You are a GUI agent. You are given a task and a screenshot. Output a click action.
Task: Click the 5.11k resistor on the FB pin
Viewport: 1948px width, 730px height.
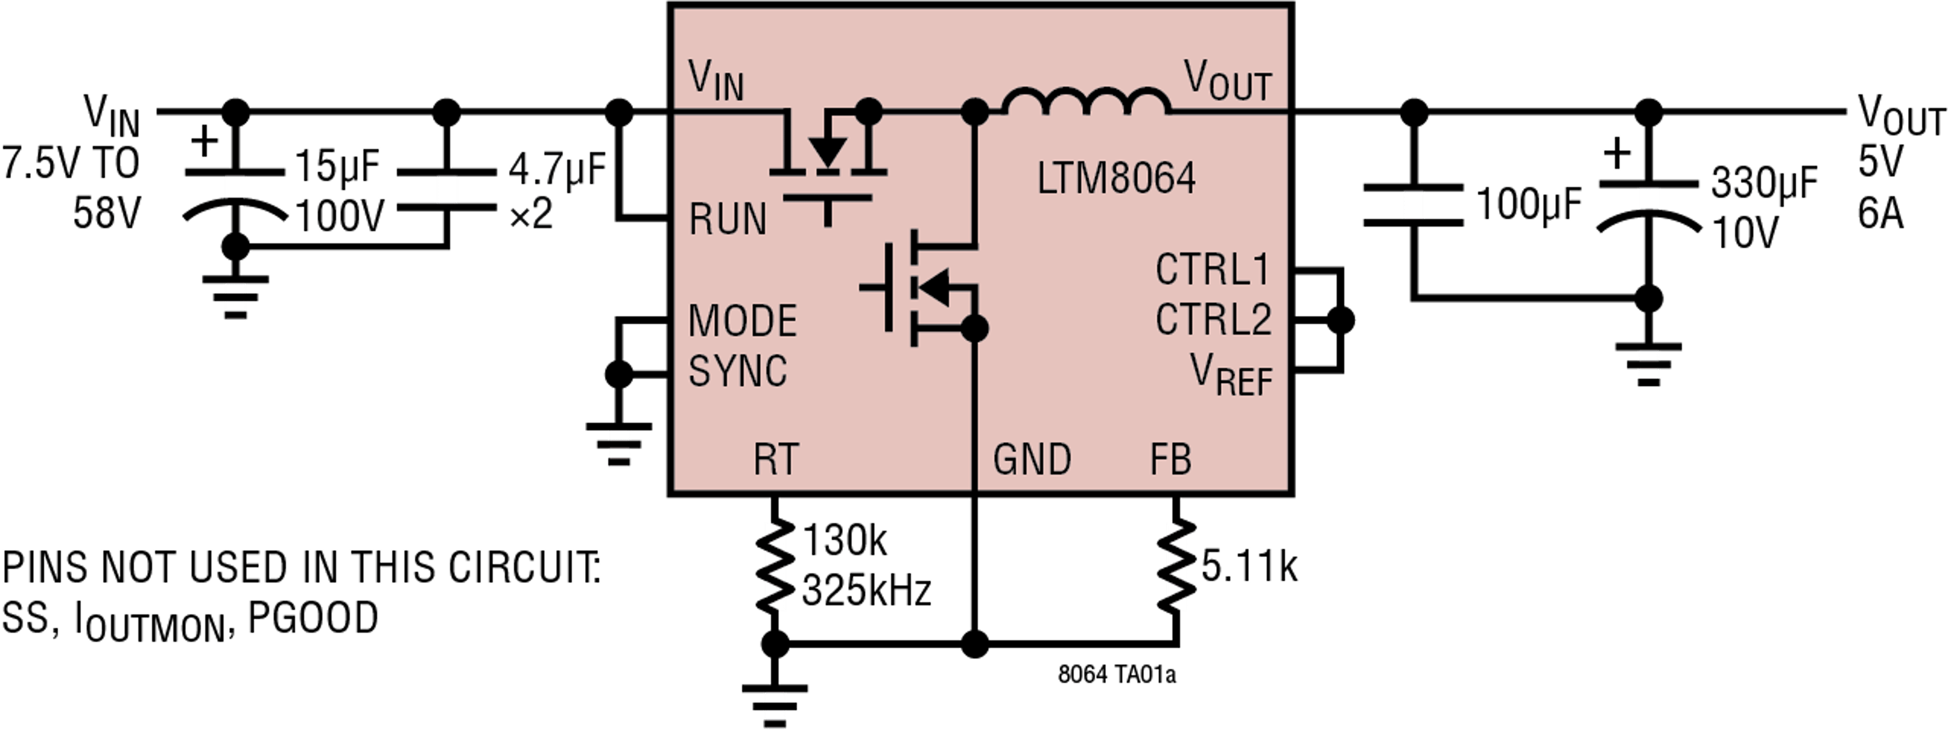point(1175,566)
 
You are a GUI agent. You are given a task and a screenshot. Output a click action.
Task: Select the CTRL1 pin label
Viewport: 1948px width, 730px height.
point(1212,270)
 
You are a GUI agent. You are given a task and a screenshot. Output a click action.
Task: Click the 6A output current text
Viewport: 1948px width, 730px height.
point(1880,214)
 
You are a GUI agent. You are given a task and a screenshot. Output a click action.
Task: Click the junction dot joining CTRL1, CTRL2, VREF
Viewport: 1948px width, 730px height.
point(1341,320)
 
